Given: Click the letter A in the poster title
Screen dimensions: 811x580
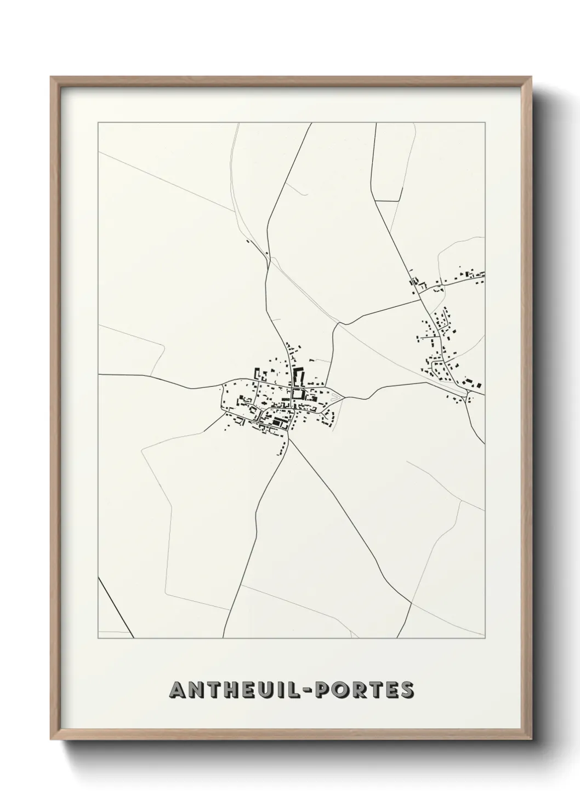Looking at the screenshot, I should coord(179,690).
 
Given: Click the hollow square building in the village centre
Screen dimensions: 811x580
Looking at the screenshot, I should coord(297,394).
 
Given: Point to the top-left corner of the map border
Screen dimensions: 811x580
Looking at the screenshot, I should coord(98,123).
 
